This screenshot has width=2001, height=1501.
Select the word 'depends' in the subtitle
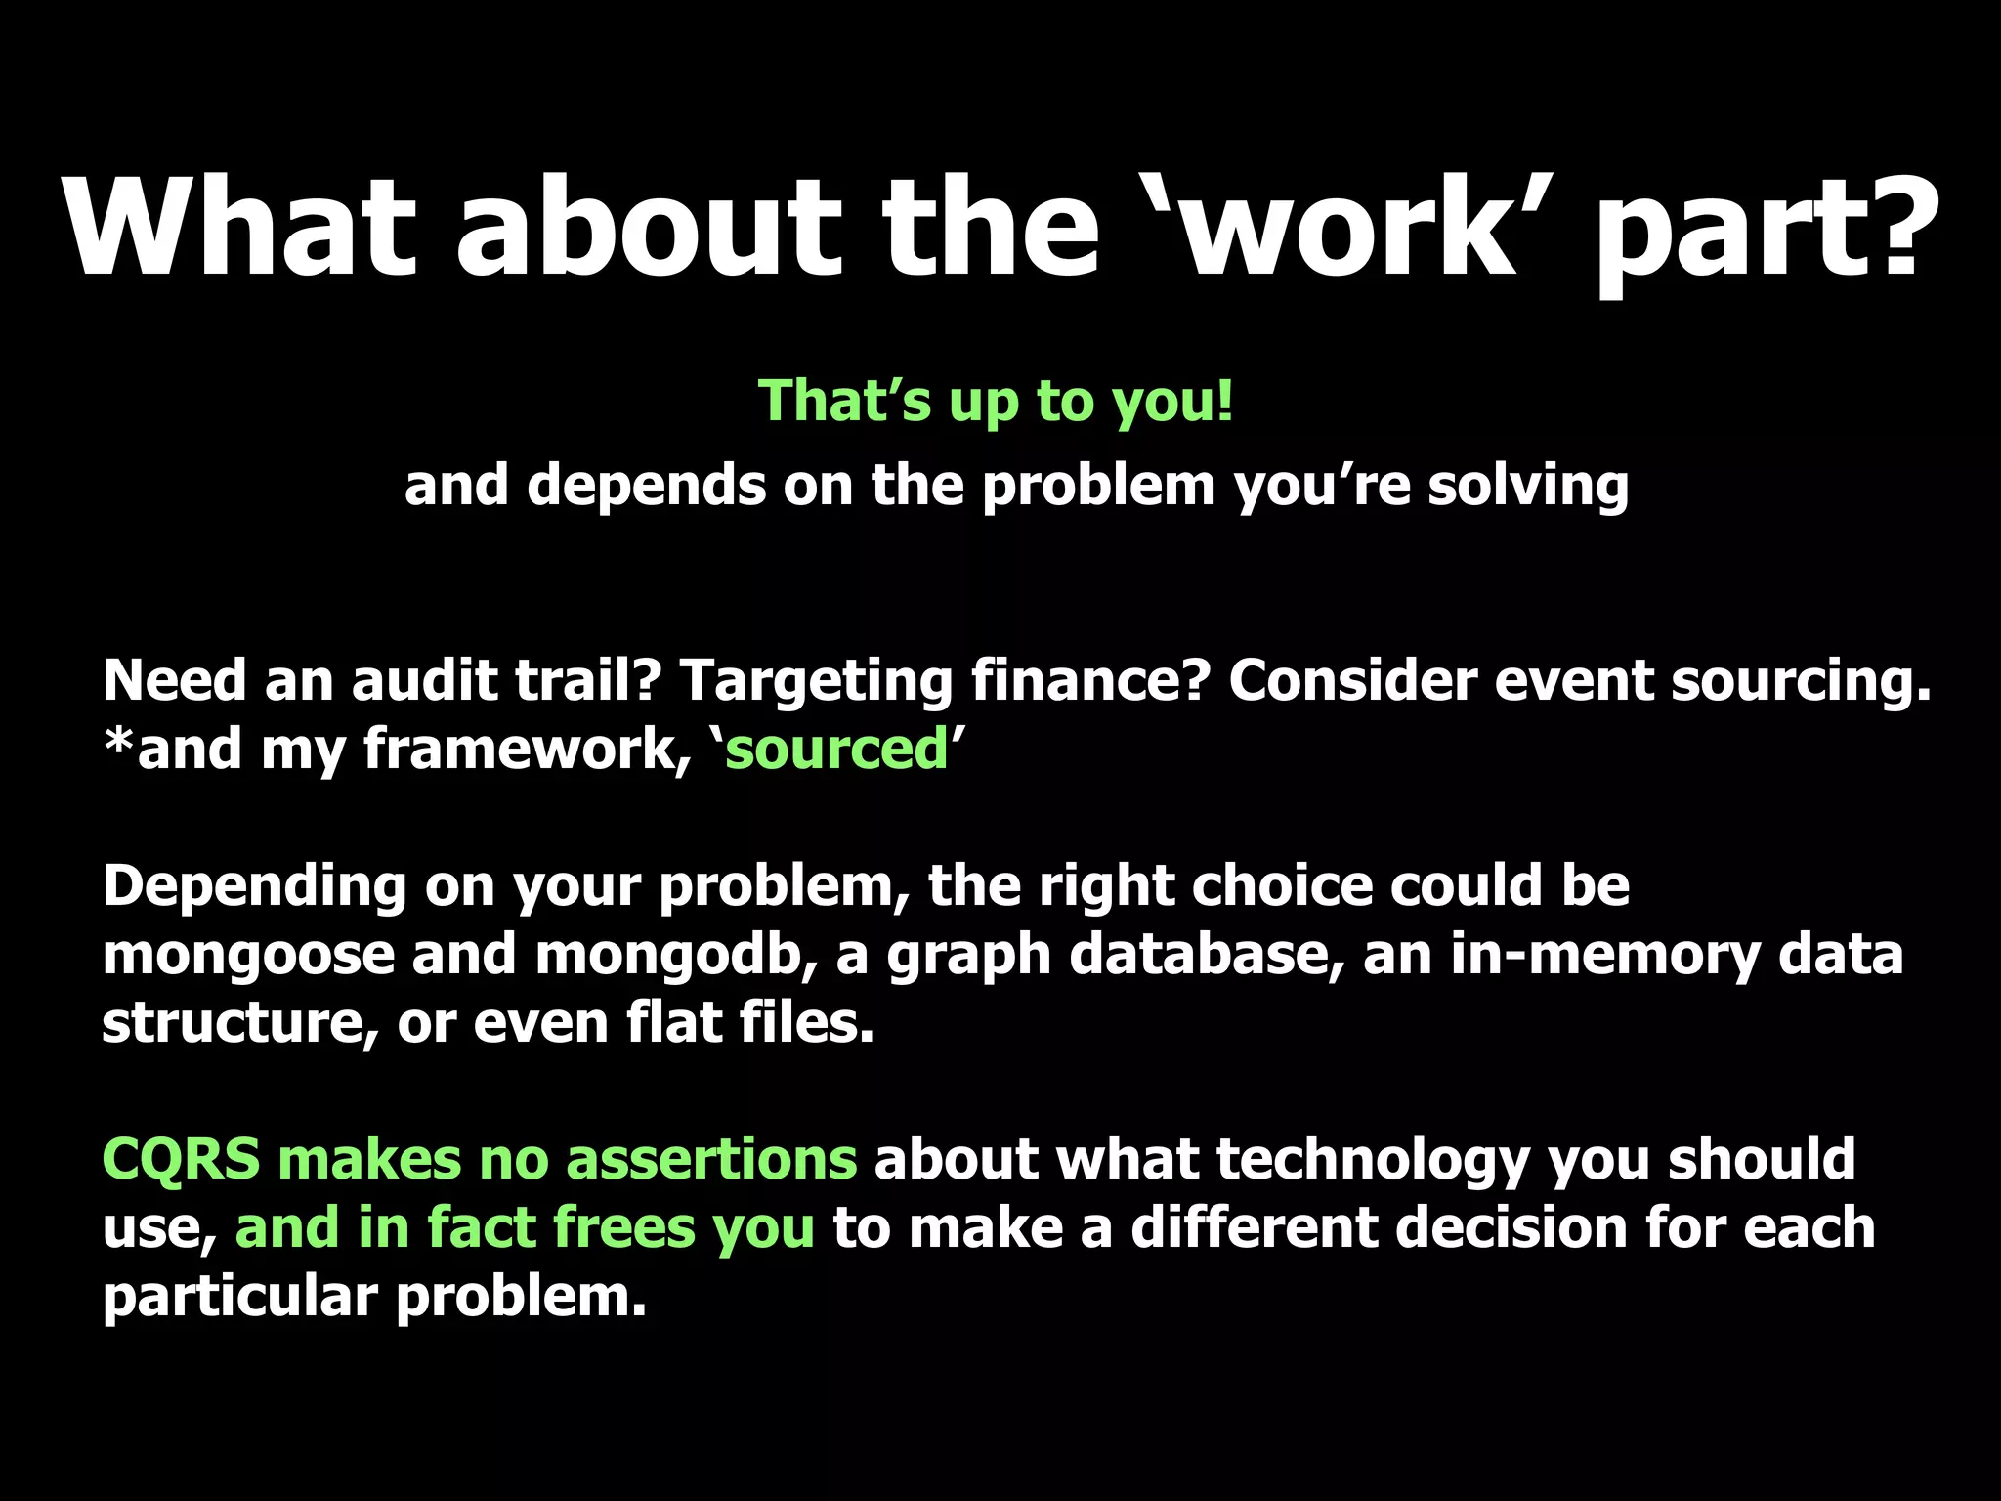[646, 486]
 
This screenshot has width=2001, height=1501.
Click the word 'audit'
[424, 680]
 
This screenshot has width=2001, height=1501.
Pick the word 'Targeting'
[815, 682]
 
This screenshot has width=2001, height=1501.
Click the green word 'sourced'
[836, 750]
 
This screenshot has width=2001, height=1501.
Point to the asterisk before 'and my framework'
[118, 743]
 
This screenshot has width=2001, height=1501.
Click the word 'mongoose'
[248, 956]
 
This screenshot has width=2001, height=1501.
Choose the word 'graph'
[968, 956]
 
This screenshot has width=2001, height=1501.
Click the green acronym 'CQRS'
[181, 1160]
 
